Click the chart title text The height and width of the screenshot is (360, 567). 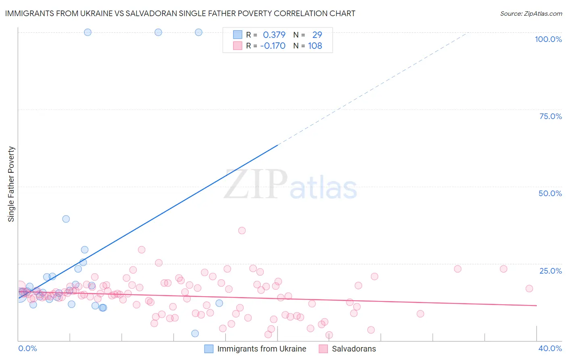pyautogui.click(x=180, y=13)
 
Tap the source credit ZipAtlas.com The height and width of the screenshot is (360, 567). pyautogui.click(x=531, y=14)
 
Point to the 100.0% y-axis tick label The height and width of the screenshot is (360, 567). pyautogui.click(x=548, y=39)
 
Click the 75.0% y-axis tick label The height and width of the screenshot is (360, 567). pyautogui.click(x=550, y=116)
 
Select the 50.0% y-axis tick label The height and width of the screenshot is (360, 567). pyautogui.click(x=550, y=193)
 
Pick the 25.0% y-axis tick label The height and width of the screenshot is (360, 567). pyautogui.click(x=550, y=271)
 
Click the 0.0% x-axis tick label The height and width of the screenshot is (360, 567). pyautogui.click(x=27, y=348)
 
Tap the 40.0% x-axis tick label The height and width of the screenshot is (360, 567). pyautogui.click(x=550, y=348)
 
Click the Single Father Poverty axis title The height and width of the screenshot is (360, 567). pyautogui.click(x=11, y=184)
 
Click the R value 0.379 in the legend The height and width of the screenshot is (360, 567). pyautogui.click(x=274, y=35)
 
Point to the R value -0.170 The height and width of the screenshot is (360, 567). pyautogui.click(x=273, y=46)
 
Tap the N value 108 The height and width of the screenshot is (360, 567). pyautogui.click(x=315, y=46)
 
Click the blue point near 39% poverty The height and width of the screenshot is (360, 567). pyautogui.click(x=66, y=219)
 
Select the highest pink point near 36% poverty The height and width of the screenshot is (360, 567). pyautogui.click(x=242, y=230)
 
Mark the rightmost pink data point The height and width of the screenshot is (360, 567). pyautogui.click(x=529, y=288)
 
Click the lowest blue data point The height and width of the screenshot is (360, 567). pyautogui.click(x=195, y=333)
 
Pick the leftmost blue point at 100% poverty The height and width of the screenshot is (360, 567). pyautogui.click(x=88, y=32)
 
